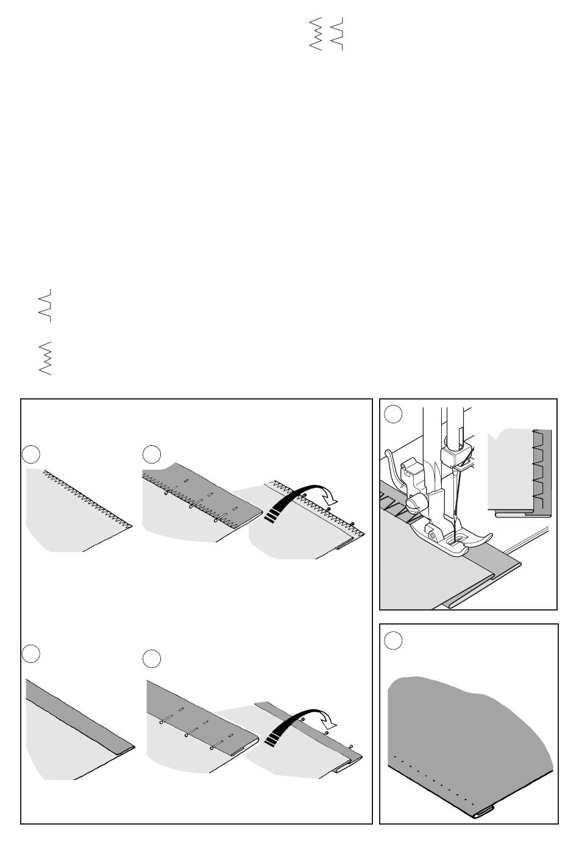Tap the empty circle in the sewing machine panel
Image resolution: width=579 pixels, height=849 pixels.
pos(393,414)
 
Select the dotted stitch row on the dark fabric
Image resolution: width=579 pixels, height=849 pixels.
pos(433,778)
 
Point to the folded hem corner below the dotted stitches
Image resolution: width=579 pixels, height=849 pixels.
pos(483,811)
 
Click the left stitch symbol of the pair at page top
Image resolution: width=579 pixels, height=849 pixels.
pos(316,34)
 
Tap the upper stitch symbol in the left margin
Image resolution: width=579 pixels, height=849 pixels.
pos(45,305)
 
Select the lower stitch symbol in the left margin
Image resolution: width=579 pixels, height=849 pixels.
pos(45,359)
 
